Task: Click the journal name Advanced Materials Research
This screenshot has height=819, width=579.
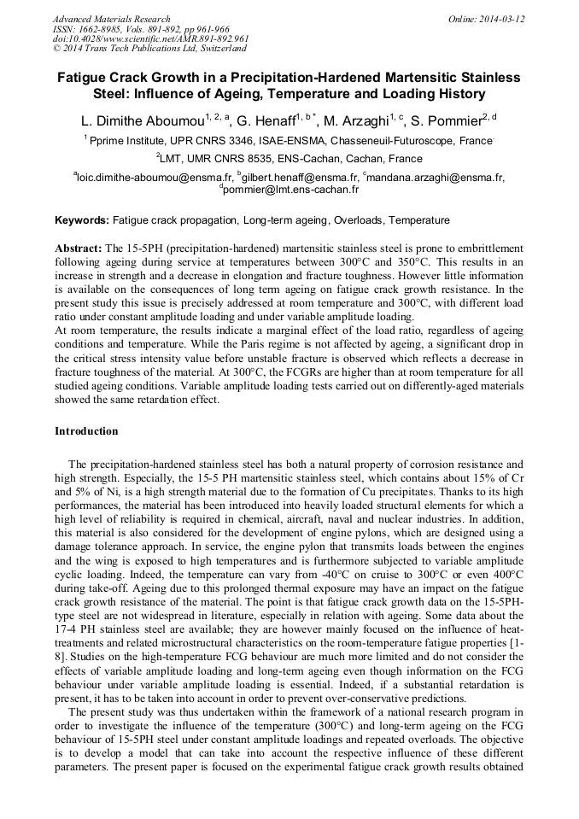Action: (x=111, y=19)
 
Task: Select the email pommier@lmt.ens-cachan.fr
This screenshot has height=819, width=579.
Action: (x=290, y=190)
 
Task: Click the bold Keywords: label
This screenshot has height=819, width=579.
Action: (x=82, y=220)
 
